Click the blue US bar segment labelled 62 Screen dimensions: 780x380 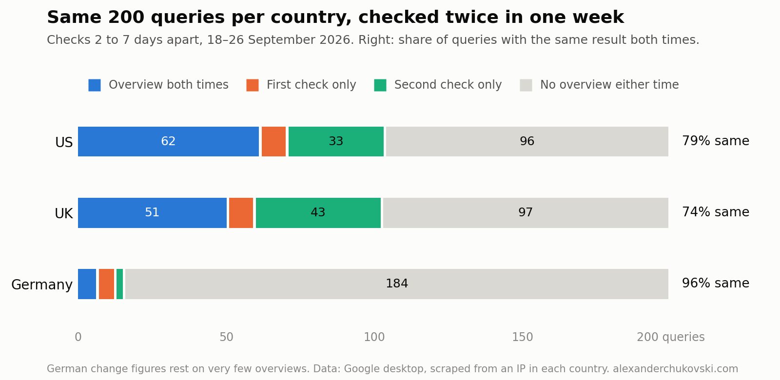[168, 142]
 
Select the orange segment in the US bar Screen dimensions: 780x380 [273, 142]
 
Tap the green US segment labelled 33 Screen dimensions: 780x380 [336, 142]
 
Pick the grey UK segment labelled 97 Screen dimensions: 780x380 [526, 213]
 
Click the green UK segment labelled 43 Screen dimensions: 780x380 [318, 213]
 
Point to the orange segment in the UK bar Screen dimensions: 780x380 [241, 213]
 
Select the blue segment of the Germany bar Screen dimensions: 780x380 [87, 284]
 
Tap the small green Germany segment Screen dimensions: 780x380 [119, 284]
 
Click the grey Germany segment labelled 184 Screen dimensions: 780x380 [397, 284]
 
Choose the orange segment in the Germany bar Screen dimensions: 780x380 [107, 284]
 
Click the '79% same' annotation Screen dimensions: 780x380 [716, 141]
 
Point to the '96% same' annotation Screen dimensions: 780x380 [716, 283]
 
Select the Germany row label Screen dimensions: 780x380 [42, 285]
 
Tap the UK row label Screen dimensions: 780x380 [64, 213]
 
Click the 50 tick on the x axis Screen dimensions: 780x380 [226, 337]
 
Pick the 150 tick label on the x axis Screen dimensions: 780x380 [522, 337]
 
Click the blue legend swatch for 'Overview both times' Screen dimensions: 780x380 [95, 85]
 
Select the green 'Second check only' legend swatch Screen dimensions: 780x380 [380, 85]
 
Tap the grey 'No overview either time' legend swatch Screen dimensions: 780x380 [526, 85]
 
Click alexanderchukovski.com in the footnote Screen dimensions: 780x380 [676, 369]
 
